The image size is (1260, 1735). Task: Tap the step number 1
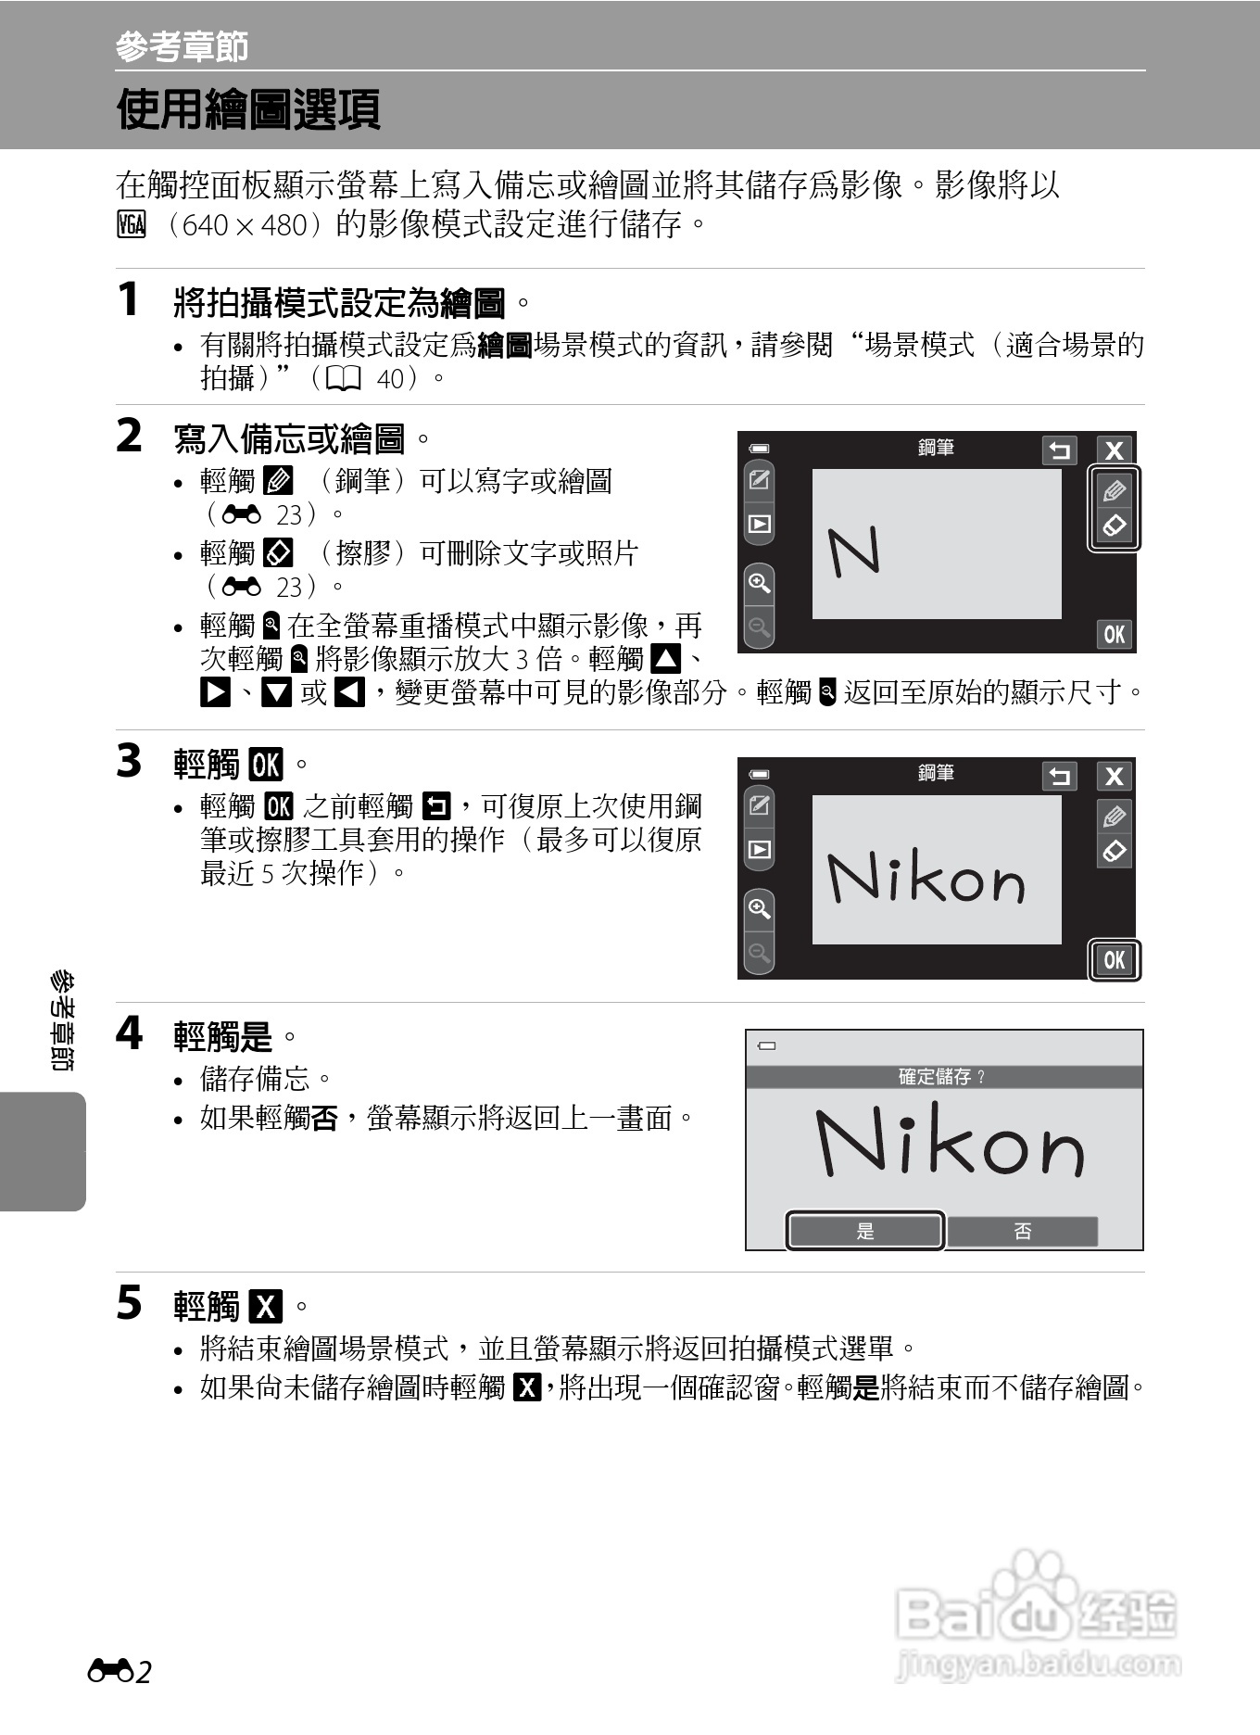pos(129,300)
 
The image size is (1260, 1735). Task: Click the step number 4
pos(129,1032)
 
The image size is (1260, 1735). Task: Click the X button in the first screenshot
pos(1114,450)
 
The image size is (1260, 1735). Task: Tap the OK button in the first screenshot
pos(1114,634)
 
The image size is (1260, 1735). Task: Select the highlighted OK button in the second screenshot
pos(1114,960)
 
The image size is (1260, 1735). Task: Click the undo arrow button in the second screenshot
pos(1059,776)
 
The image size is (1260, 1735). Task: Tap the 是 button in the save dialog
pos(865,1231)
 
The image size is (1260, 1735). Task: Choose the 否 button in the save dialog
pos(1022,1231)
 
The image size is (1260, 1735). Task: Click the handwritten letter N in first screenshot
pos(853,551)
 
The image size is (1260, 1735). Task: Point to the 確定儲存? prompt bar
pos(943,1076)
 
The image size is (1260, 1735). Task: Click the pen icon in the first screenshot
pos(1114,490)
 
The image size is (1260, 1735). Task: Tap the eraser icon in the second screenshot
pos(1114,850)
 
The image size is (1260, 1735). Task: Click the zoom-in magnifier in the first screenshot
pos(759,583)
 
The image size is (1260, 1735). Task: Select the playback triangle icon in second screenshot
pos(759,849)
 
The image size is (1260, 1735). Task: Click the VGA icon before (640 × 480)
pos(132,225)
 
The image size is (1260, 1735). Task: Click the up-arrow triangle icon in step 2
pos(665,660)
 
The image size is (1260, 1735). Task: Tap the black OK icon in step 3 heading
pos(266,765)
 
